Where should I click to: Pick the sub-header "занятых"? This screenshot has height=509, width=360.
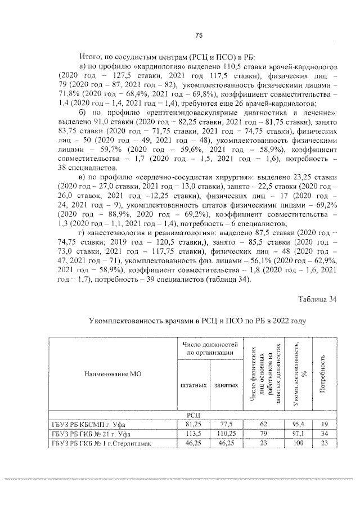[x=224, y=386]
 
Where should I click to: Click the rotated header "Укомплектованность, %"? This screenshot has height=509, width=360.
[x=299, y=373]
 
